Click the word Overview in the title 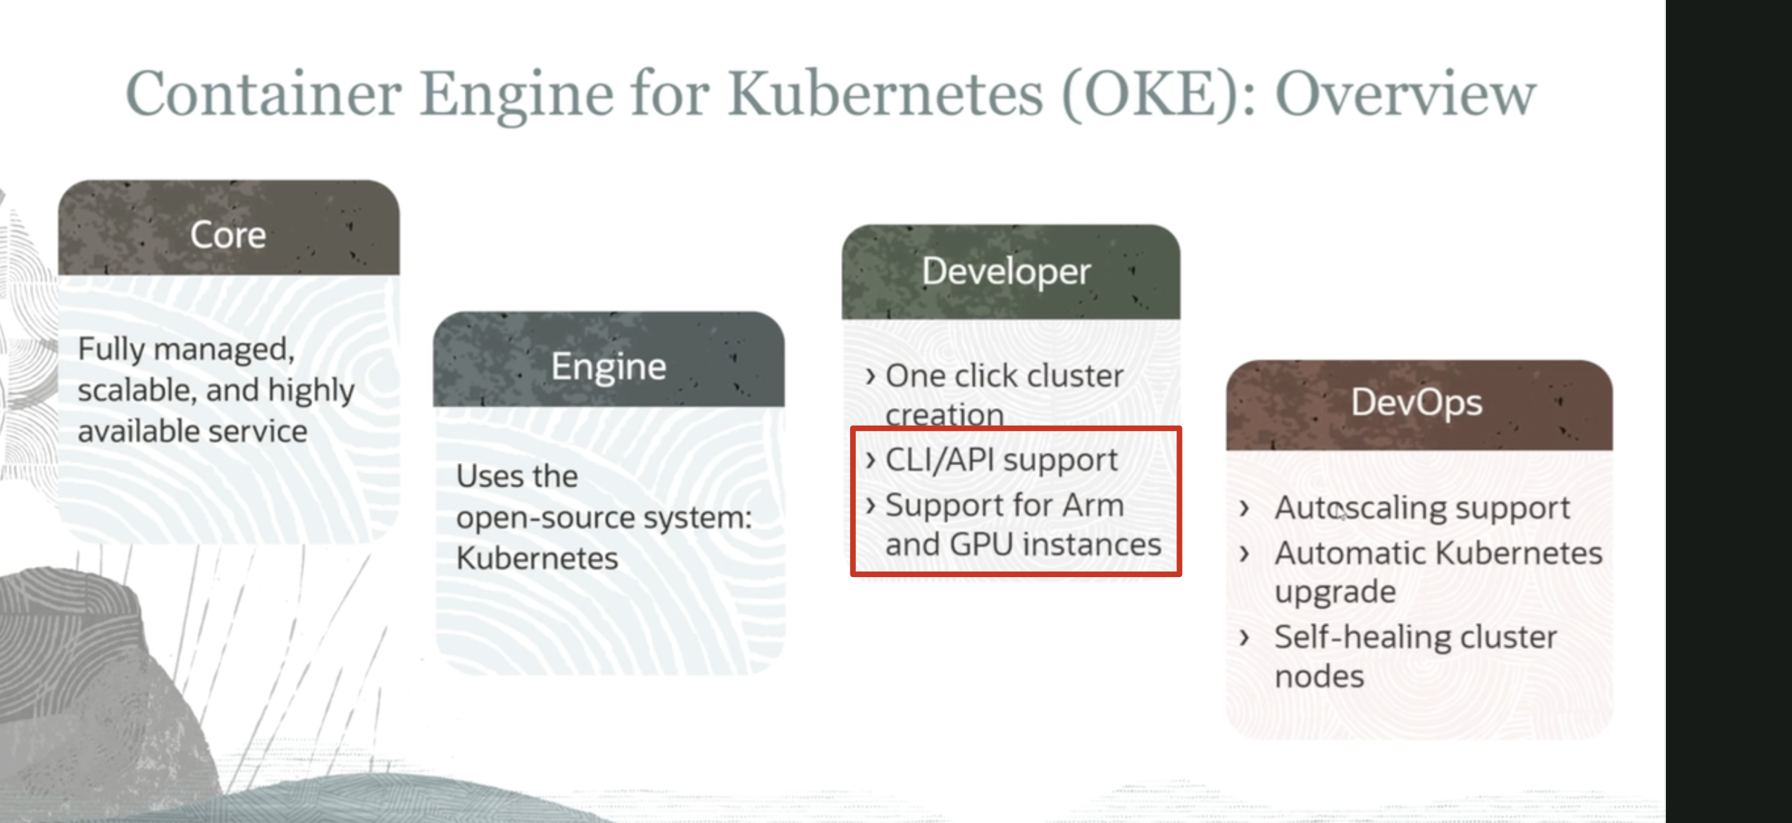coord(1405,94)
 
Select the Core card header coord(229,228)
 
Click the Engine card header coord(609,359)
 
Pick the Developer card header coord(1011,272)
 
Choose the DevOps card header coord(1419,405)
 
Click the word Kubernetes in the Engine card coord(537,558)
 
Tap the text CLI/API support coord(1001,460)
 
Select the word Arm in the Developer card coord(1093,505)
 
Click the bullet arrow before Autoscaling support coord(1245,508)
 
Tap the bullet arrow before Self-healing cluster coord(1245,637)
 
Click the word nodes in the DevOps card coord(1319,676)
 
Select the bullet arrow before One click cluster coord(871,376)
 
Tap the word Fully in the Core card coord(111,349)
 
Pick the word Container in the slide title coord(263,94)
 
